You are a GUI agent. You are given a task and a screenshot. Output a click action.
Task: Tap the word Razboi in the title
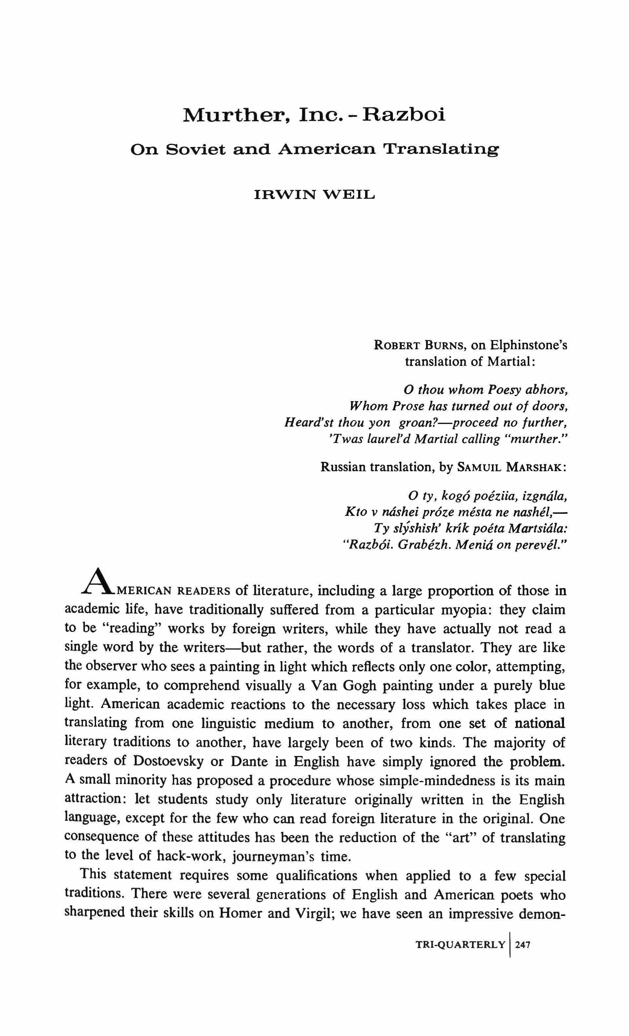coord(404,115)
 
